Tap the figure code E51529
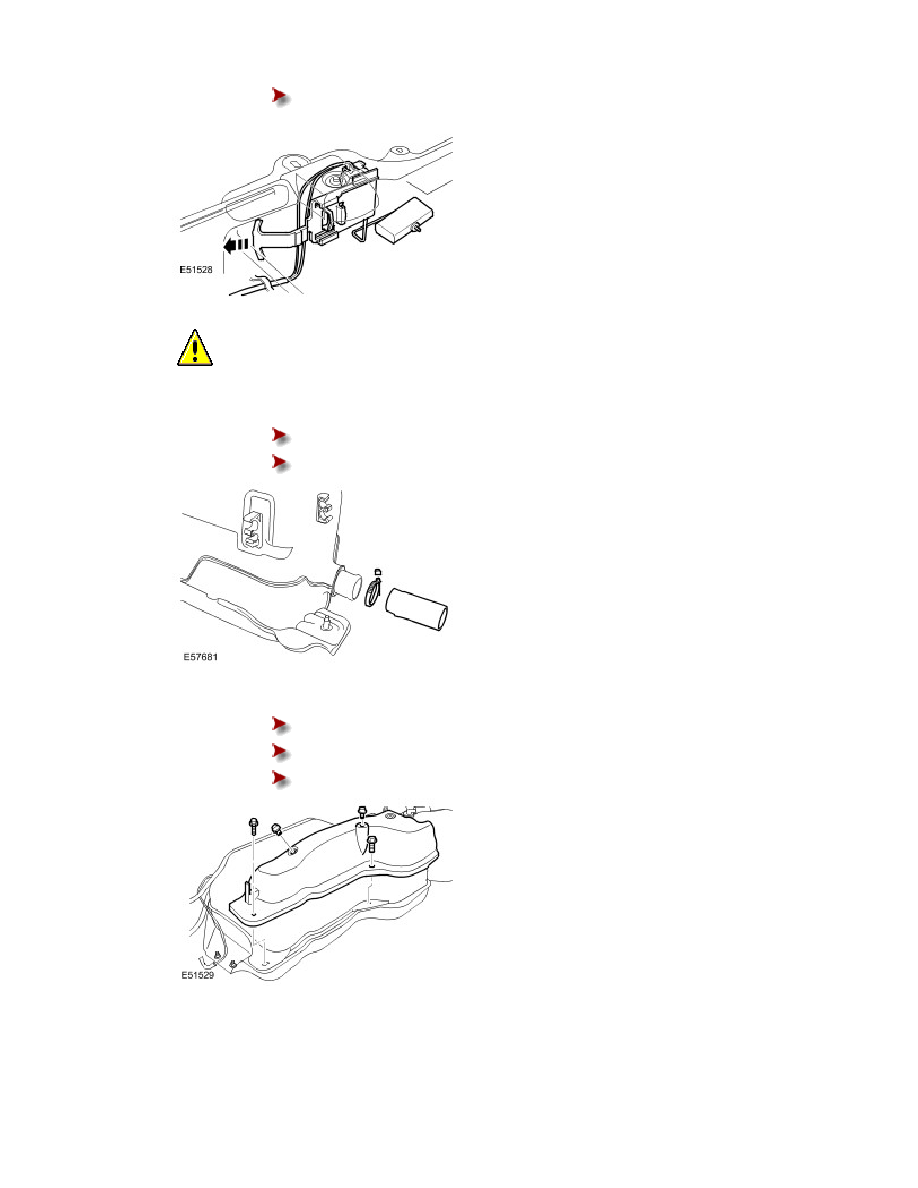(x=190, y=976)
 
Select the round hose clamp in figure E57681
(x=376, y=591)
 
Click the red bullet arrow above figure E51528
(x=280, y=96)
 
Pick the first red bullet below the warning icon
(x=280, y=435)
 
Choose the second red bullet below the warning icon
(x=280, y=462)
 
